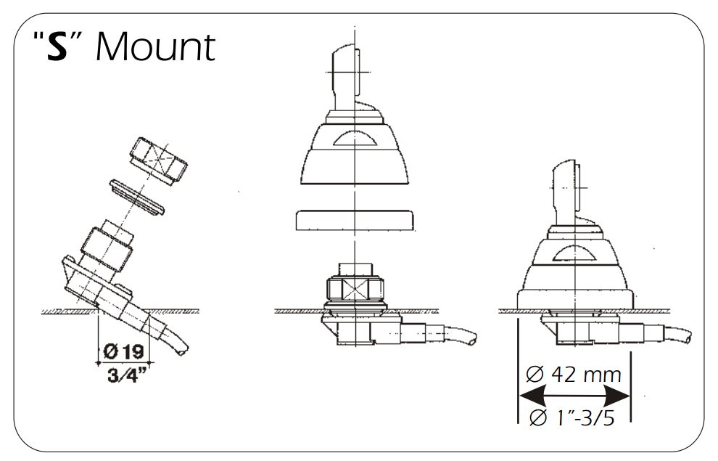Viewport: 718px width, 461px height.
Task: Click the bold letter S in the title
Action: [58, 46]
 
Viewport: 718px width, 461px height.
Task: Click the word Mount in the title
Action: [156, 46]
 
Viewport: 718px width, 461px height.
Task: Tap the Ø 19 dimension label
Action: [123, 351]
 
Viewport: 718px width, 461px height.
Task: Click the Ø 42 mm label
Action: [573, 375]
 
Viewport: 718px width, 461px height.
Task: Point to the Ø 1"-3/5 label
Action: [572, 417]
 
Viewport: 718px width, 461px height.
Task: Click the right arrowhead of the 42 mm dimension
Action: [617, 396]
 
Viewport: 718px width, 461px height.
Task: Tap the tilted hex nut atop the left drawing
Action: [158, 160]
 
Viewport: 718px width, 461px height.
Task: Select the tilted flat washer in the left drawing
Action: [136, 197]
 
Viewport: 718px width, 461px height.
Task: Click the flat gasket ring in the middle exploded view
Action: [355, 220]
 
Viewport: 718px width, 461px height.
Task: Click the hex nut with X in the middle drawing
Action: [355, 290]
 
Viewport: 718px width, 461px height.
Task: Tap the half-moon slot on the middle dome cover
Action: [354, 138]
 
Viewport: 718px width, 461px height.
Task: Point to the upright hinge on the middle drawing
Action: [346, 78]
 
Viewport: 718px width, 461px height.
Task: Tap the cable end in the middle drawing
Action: [461, 335]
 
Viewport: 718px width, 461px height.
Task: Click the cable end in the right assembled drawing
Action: [677, 335]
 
